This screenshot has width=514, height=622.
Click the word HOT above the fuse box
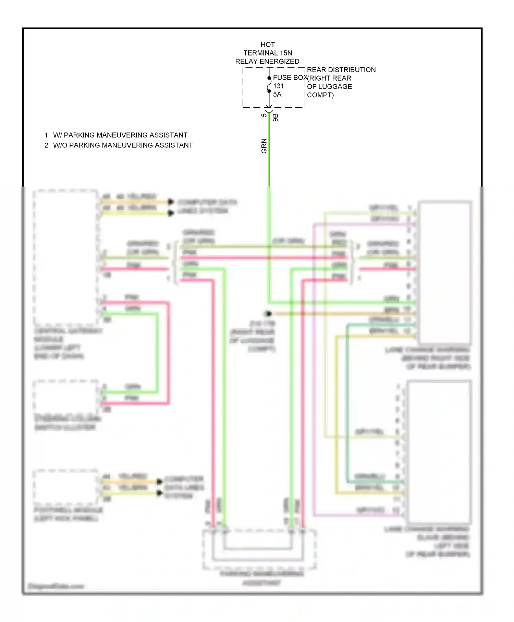[268, 45]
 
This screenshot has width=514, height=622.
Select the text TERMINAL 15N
[268, 53]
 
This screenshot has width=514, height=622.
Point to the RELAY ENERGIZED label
[267, 61]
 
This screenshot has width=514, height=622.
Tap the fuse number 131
[279, 86]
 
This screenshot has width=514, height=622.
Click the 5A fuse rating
[277, 94]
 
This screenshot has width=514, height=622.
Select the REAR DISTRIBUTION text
[341, 70]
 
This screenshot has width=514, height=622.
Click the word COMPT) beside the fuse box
[320, 95]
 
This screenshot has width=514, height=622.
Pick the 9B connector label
[276, 117]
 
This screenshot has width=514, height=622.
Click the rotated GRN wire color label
[264, 146]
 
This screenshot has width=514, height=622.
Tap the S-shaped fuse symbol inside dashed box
[269, 85]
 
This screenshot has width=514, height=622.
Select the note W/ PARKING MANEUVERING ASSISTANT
[120, 135]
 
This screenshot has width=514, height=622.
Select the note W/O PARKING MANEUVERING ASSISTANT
[123, 145]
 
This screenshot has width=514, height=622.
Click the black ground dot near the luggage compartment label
[268, 313]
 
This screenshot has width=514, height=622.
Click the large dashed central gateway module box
[65, 257]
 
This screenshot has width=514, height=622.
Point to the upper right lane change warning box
[444, 273]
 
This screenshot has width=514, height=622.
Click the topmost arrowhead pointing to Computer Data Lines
[171, 202]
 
